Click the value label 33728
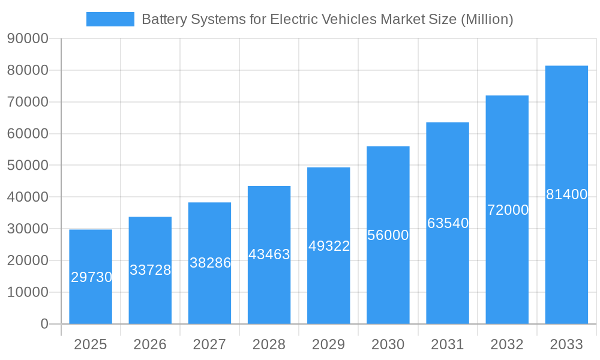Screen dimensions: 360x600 (151, 270)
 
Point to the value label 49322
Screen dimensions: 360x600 (329, 246)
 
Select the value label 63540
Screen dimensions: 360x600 (448, 223)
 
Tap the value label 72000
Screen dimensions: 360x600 (508, 210)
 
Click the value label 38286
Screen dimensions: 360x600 (210, 262)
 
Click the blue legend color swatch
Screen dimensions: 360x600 (110, 19)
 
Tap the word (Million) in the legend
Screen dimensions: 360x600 (487, 19)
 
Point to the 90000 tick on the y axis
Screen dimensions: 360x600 (28, 39)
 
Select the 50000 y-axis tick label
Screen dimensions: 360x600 (28, 166)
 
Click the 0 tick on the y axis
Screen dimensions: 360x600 (44, 324)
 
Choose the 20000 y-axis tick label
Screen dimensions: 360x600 (28, 261)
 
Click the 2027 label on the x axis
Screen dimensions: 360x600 (209, 344)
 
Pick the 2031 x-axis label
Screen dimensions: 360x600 (448, 344)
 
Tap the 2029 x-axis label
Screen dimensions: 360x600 (329, 344)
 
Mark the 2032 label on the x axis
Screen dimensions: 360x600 (507, 344)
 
